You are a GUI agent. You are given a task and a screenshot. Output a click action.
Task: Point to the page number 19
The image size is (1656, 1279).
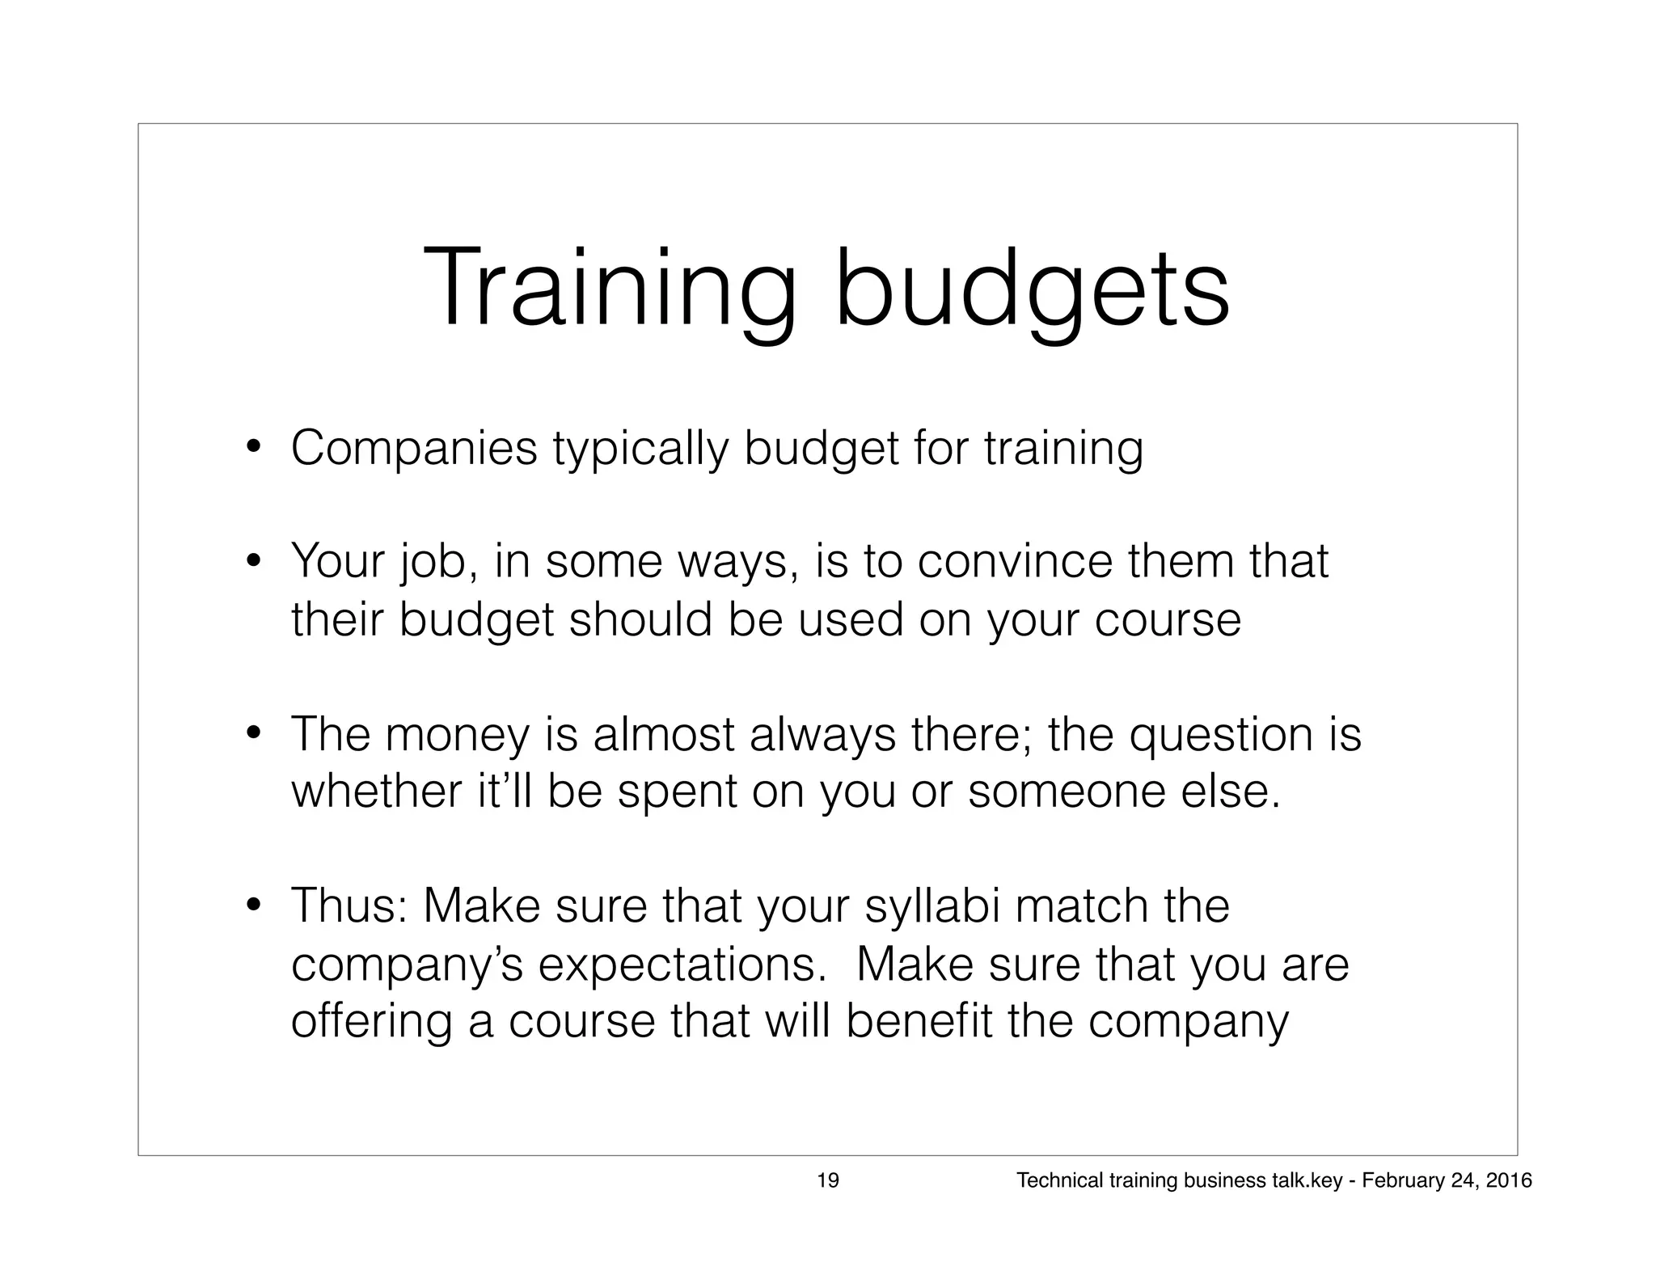point(828,1181)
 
